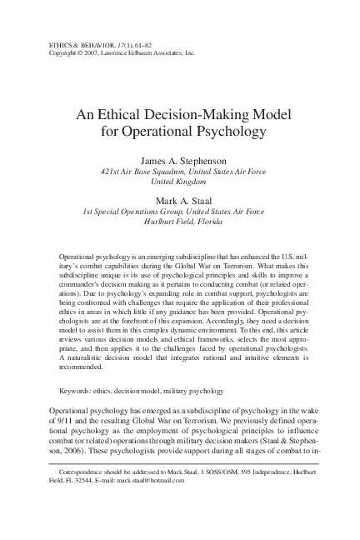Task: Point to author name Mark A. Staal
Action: click(179, 200)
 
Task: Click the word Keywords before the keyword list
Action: click(81, 414)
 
